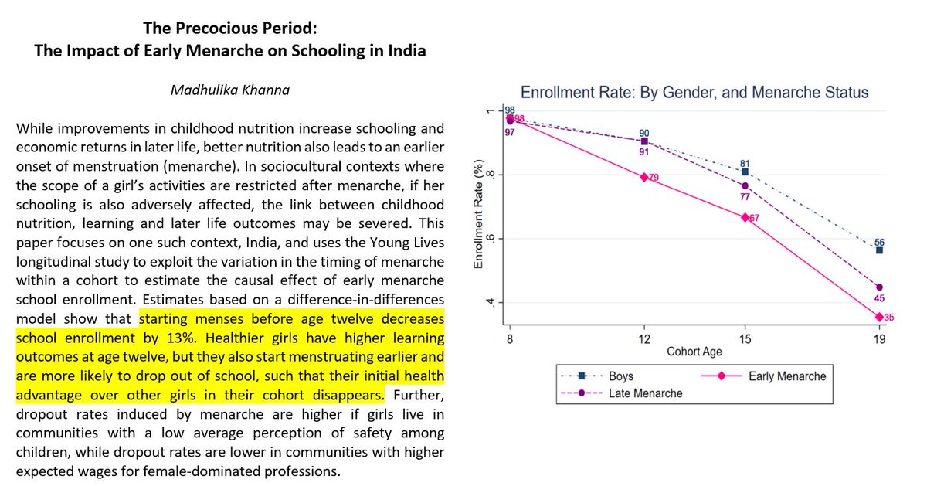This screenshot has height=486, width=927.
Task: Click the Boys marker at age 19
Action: pyautogui.click(x=879, y=250)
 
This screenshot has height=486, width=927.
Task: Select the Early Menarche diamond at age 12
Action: pyautogui.click(x=644, y=177)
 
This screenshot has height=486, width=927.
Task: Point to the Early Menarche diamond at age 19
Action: pyautogui.click(x=879, y=317)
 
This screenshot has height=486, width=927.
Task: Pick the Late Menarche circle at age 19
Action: pyautogui.click(x=879, y=287)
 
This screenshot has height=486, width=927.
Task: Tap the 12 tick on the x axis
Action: pyautogui.click(x=644, y=339)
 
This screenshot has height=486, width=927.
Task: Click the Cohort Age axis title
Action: pyautogui.click(x=695, y=352)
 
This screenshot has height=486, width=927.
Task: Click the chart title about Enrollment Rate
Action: pyautogui.click(x=694, y=93)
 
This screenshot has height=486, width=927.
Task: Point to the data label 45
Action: pyautogui.click(x=879, y=299)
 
